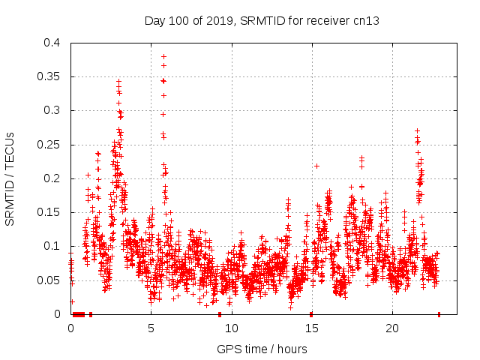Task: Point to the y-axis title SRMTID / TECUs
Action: pos(10,178)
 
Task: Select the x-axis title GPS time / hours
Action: pos(262,349)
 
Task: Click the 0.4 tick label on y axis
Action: pos(52,43)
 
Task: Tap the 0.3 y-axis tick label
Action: pos(52,110)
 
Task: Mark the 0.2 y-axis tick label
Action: pos(52,178)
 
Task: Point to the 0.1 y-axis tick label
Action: pos(52,246)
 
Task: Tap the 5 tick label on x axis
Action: pos(151,328)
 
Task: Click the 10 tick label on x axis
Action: pos(232,328)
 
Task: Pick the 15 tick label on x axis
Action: pos(312,328)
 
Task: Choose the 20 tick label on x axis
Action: pos(392,328)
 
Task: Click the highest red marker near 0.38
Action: pos(163,56)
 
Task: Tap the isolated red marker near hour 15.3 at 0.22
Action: pos(316,166)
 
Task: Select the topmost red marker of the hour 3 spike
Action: pos(118,81)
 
